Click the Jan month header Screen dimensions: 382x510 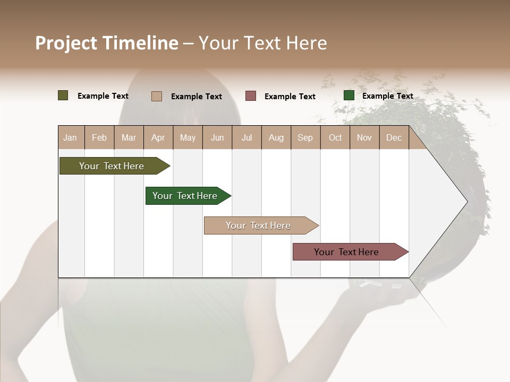coord(70,137)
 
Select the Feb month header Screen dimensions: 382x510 coord(99,137)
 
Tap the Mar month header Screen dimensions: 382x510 coord(129,137)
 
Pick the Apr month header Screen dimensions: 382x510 coord(158,137)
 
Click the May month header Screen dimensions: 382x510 coord(188,137)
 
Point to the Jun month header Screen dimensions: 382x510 coord(217,137)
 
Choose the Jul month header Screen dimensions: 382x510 coord(246,137)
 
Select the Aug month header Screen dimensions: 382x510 coord(276,137)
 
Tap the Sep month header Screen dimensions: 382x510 coord(305,137)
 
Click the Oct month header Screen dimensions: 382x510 coord(335,137)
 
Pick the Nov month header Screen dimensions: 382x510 coord(364,137)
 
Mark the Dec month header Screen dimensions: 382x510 coord(394,137)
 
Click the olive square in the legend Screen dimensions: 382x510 coord(63,95)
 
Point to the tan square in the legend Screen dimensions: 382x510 coord(157,96)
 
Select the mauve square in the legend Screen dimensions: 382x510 coord(251,95)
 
